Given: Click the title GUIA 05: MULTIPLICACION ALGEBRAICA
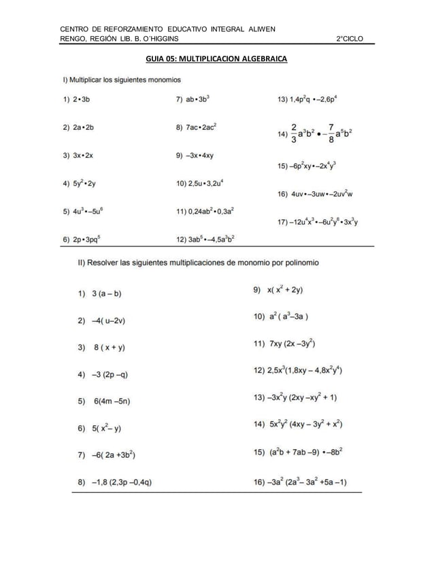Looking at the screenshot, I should tap(216, 59).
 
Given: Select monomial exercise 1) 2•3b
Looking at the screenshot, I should tap(76, 99).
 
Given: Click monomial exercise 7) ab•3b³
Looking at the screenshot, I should tap(193, 99).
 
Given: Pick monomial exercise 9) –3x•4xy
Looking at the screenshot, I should tap(195, 155).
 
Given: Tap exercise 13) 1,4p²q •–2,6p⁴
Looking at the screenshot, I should tap(307, 99).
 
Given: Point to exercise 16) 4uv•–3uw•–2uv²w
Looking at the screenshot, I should tap(315, 194).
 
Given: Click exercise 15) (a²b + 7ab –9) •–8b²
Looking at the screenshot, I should tap(298, 451).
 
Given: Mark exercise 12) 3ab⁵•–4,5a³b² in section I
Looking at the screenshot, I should tap(205, 239).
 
